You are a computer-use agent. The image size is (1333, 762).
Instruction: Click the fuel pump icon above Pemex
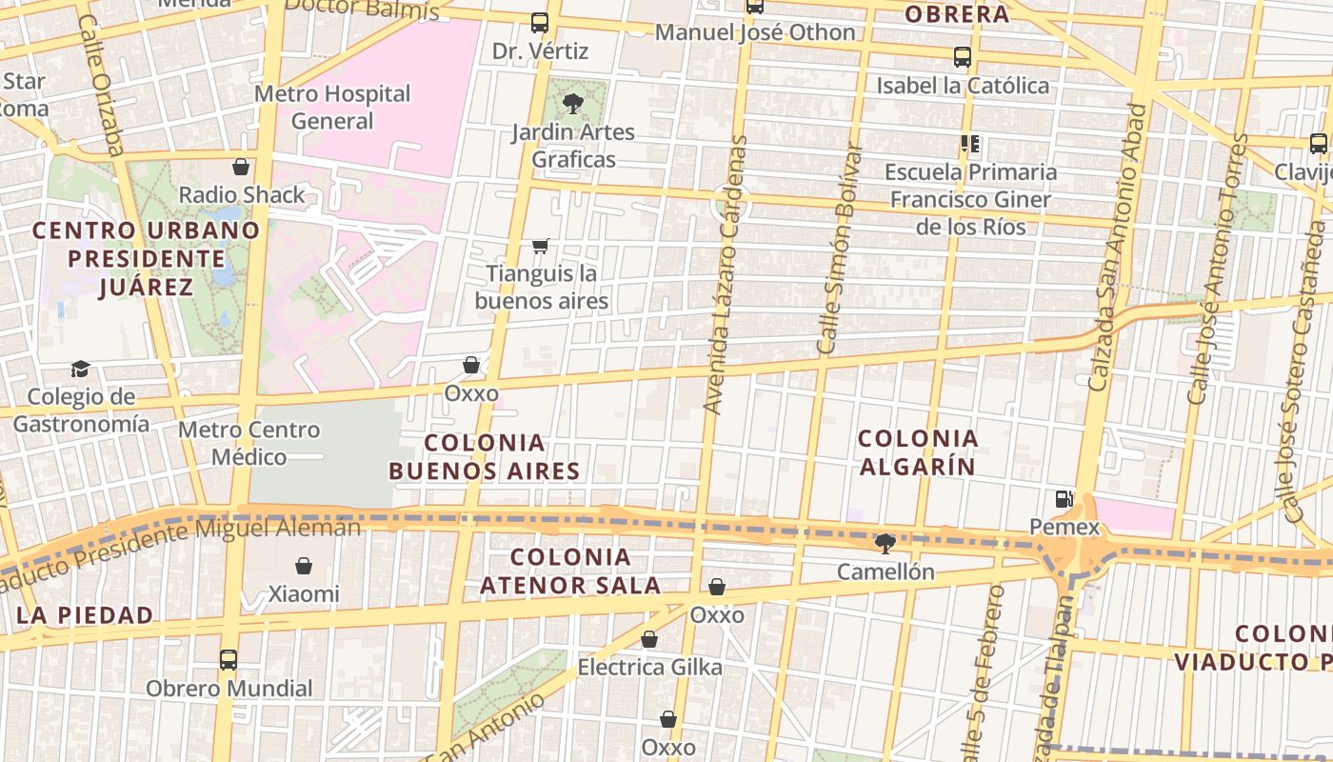coord(1064,499)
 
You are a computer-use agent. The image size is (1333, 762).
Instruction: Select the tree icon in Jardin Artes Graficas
coord(572,104)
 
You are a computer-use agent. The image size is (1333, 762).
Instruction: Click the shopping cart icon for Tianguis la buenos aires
coord(541,247)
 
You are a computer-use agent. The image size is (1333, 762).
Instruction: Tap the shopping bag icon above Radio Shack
coord(241,167)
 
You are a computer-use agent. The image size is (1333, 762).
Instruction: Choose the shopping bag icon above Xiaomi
coord(304,567)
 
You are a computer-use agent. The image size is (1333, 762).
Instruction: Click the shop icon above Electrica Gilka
coord(649,639)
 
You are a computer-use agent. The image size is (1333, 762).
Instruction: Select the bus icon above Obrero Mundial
coord(229,660)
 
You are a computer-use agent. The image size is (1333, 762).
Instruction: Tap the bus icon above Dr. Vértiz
coord(540,23)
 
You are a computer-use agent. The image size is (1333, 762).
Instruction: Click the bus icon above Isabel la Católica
coord(963,57)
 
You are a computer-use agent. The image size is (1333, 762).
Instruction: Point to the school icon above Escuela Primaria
coord(970,145)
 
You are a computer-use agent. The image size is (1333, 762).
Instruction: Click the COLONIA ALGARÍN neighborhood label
coord(918,452)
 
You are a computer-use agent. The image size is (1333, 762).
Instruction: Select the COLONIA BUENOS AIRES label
coord(485,457)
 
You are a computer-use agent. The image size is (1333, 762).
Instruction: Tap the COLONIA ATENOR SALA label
coord(570,571)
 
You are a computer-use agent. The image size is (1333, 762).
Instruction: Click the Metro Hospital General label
coord(332,108)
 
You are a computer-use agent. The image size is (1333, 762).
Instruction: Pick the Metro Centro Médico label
coord(249,444)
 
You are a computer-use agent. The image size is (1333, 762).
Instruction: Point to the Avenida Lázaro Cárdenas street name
coord(726,274)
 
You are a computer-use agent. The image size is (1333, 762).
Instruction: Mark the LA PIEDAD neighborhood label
coord(85,615)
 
